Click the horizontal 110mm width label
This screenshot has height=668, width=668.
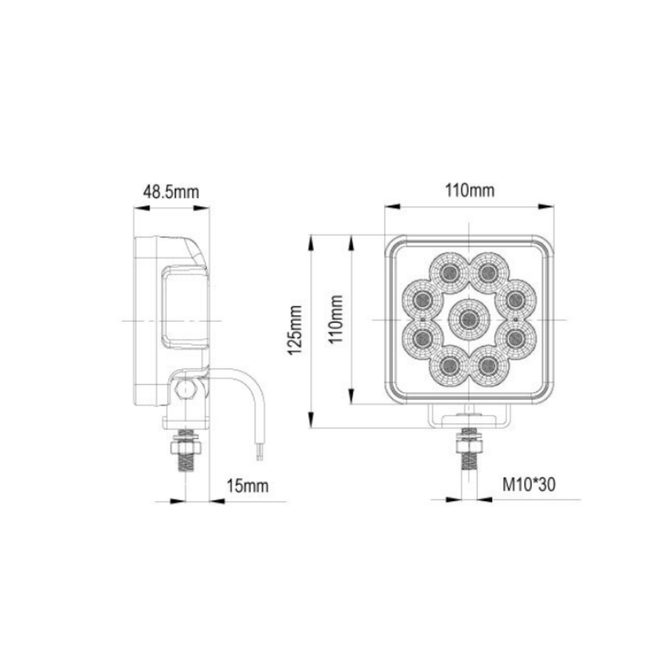(x=470, y=191)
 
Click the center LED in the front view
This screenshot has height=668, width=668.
(x=469, y=320)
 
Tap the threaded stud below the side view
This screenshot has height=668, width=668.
(x=186, y=462)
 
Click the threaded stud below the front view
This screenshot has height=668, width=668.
(x=470, y=461)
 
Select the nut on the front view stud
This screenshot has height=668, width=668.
(x=470, y=440)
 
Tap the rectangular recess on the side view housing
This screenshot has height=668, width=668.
(x=184, y=307)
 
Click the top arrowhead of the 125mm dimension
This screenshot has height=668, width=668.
(x=311, y=240)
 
